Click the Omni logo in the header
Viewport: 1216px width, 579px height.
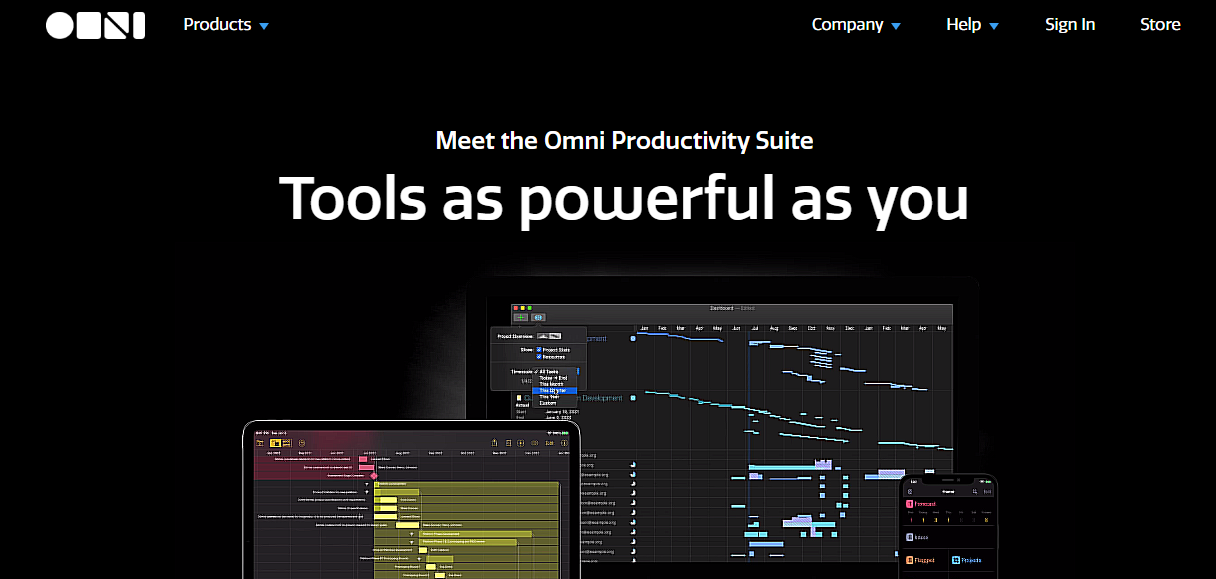[x=96, y=25]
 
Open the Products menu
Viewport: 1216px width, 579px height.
[x=217, y=25]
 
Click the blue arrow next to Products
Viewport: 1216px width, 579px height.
[x=264, y=26]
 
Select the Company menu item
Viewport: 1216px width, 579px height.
[x=847, y=25]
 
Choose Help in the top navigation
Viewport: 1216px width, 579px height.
[x=963, y=25]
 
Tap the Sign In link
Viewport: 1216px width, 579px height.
[x=1070, y=25]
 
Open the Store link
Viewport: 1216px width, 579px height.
[x=1160, y=25]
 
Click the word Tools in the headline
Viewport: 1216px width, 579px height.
[x=352, y=198]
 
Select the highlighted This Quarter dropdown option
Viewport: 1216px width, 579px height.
[x=554, y=390]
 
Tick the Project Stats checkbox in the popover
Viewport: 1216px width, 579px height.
[x=539, y=350]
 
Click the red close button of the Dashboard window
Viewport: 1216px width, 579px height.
[x=516, y=309]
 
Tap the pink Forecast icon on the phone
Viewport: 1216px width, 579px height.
[x=910, y=504]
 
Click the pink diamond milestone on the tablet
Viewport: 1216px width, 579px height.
[x=374, y=476]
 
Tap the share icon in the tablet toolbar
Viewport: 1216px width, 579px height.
[x=495, y=443]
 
